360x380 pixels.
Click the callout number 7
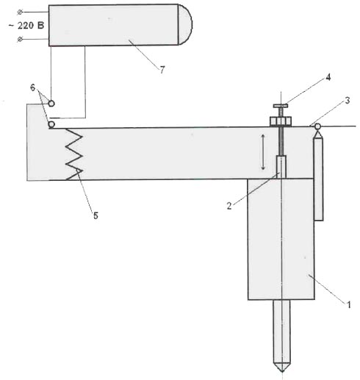tap(162, 70)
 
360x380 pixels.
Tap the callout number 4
tap(328, 77)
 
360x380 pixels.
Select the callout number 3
tap(348, 101)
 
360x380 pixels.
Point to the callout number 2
tap(229, 206)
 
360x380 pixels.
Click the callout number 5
tap(96, 215)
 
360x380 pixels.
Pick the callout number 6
tap(33, 87)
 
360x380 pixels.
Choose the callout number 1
tap(349, 304)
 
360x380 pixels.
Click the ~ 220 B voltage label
tap(26, 26)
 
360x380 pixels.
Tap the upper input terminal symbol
tap(20, 12)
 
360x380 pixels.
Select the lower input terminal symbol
tap(20, 39)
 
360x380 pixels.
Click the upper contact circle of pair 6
tap(51, 104)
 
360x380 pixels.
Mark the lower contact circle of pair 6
tap(51, 125)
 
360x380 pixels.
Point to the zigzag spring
tap(74, 154)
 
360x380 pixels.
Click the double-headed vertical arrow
tap(263, 152)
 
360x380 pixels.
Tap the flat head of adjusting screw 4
tap(281, 106)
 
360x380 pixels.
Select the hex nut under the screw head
tap(281, 121)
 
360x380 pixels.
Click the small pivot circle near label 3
tap(317, 126)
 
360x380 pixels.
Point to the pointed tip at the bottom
tap(282, 372)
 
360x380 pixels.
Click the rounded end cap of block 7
tap(185, 24)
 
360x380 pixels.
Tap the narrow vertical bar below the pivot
tap(318, 179)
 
